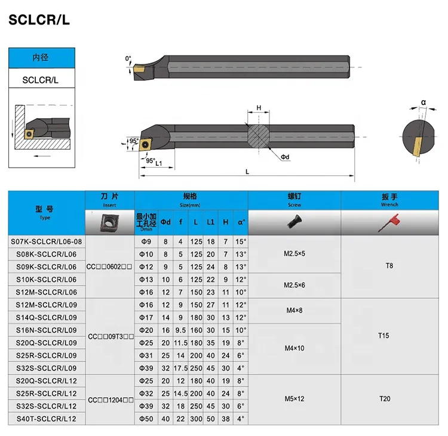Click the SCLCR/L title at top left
pyautogui.click(x=39, y=20)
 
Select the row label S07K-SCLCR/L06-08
pyautogui.click(x=46, y=242)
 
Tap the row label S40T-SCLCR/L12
pyautogui.click(x=46, y=419)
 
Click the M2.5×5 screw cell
pyautogui.click(x=294, y=253)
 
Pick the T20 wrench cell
pyautogui.click(x=385, y=398)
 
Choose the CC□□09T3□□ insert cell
pyautogui.click(x=111, y=337)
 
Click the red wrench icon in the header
pyautogui.click(x=389, y=222)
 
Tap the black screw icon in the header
pyautogui.click(x=294, y=222)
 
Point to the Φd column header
pyautogui.click(x=165, y=222)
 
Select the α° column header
pyautogui.click(x=241, y=222)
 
